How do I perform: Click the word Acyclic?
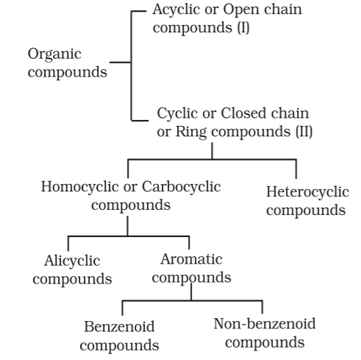tap(176, 10)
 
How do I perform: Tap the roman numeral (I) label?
tap(243, 27)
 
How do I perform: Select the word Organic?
tap(54, 54)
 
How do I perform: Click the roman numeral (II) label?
tap(304, 131)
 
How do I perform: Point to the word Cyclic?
tap(178, 114)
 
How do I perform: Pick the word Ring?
tap(191, 132)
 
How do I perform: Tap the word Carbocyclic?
tap(182, 187)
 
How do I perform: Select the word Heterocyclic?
tap(307, 192)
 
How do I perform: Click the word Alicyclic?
tap(72, 261)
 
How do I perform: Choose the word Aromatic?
tap(191, 259)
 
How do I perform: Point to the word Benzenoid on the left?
tap(119, 327)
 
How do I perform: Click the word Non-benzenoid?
tap(265, 324)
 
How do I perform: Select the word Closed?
tap(243, 113)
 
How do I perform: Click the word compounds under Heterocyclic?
tap(306, 211)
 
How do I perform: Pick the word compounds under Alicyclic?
tap(72, 280)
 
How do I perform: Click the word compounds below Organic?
tap(68, 73)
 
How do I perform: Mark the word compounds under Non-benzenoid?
tap(265, 343)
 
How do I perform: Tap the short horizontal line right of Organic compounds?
tap(120, 63)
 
